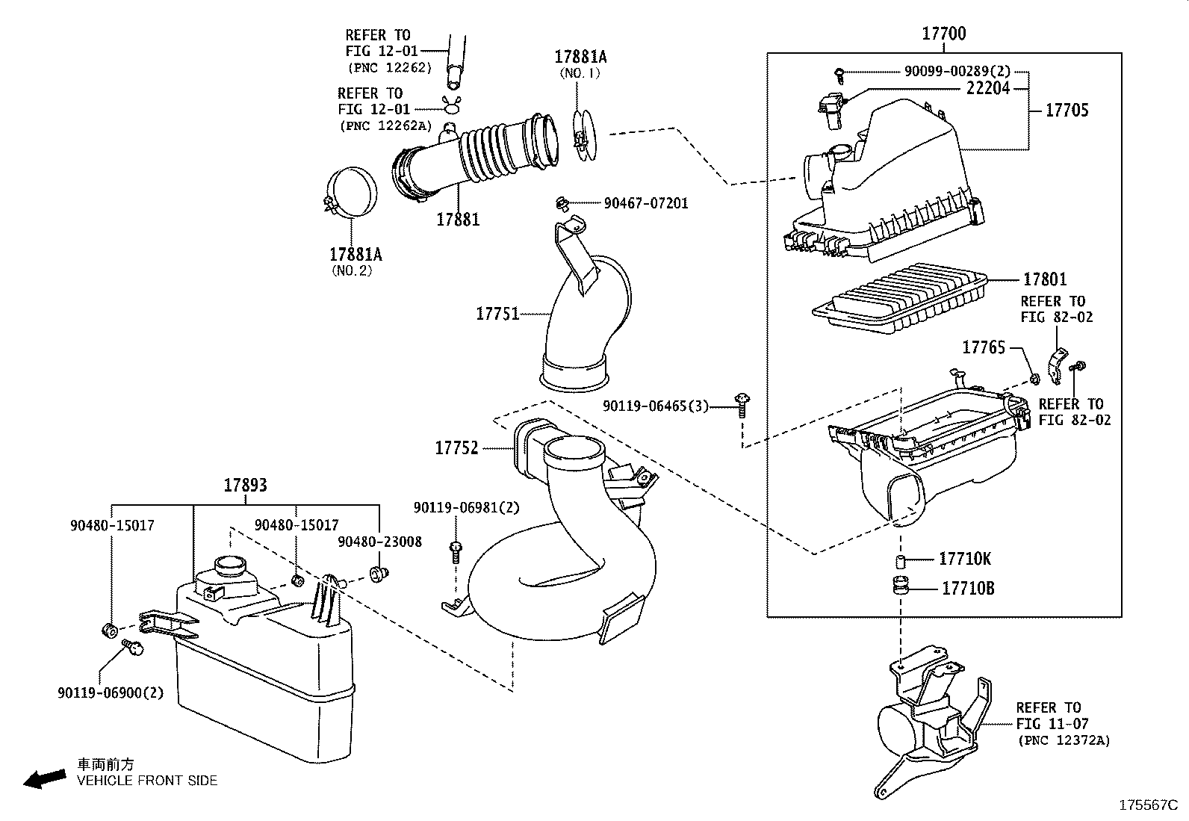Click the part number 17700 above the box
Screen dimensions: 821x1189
click(943, 34)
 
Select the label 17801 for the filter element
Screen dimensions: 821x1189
click(1045, 279)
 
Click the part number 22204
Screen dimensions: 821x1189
click(988, 88)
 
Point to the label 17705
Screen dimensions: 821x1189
click(1067, 111)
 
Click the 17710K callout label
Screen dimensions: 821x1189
click(965, 559)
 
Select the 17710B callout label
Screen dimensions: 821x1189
click(967, 589)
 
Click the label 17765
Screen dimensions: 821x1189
click(983, 347)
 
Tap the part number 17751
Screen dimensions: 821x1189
click(497, 314)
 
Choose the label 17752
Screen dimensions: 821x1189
click(456, 448)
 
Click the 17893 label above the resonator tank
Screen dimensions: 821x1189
click(245, 486)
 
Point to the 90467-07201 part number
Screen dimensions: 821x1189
click(646, 203)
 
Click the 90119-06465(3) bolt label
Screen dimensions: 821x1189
click(656, 406)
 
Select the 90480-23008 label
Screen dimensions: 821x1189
click(379, 542)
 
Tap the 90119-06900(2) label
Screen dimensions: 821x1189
click(110, 693)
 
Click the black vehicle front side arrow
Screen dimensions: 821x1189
click(43, 778)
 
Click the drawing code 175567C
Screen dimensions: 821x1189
click(1147, 805)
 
